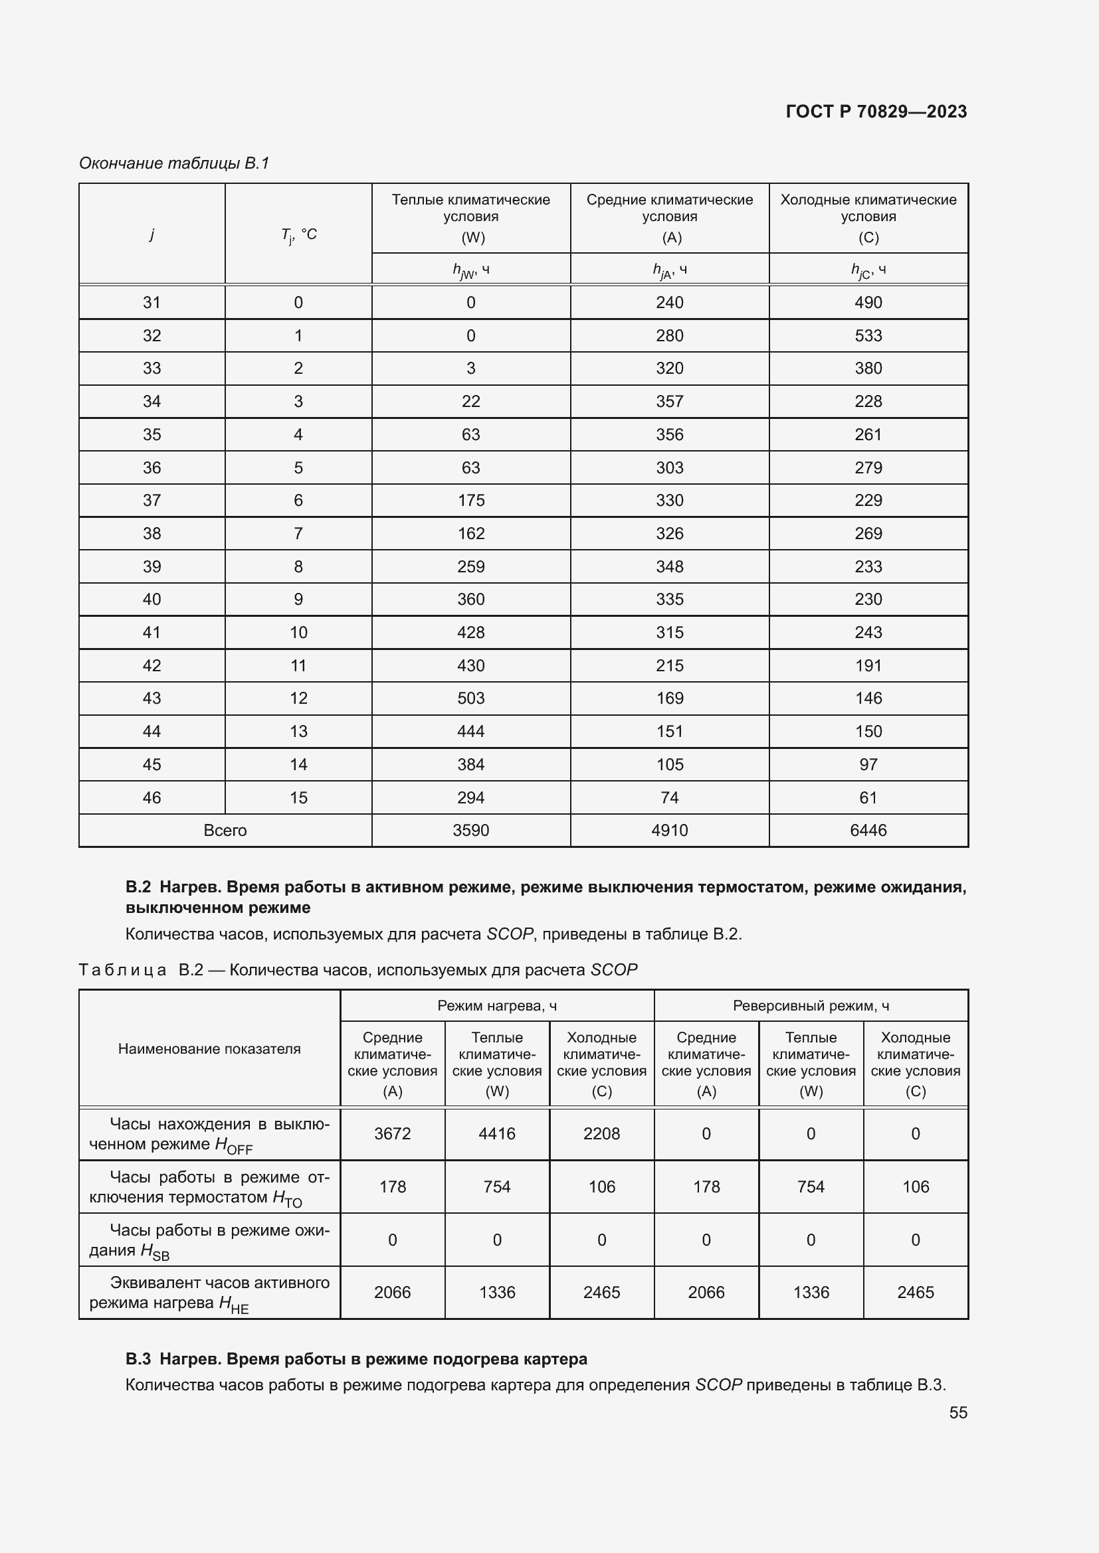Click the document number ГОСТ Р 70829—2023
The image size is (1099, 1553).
(876, 112)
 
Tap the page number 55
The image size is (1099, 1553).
(957, 1412)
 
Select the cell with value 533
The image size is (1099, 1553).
(868, 335)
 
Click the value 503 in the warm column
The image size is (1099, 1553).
(470, 698)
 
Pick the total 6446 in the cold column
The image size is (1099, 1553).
(868, 830)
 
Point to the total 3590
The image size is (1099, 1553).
(470, 830)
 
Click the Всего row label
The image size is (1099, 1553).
(225, 830)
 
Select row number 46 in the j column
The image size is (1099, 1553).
(151, 797)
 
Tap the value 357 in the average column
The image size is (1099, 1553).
(669, 401)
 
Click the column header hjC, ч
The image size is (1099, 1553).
(868, 270)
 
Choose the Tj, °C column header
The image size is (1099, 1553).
(298, 234)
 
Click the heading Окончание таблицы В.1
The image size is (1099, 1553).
(174, 163)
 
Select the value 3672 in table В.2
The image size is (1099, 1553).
(392, 1133)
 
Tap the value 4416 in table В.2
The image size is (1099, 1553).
(497, 1133)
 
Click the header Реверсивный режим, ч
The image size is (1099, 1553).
(810, 1006)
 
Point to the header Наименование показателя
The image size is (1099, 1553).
(209, 1048)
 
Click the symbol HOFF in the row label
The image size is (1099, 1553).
(233, 1145)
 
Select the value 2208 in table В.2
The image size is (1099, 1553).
(601, 1133)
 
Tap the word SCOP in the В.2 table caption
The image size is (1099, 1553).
(614, 970)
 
